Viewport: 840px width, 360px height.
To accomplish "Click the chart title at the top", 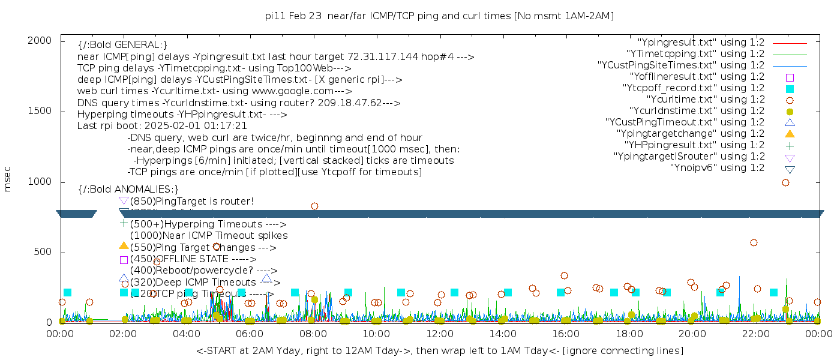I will click(x=439, y=16).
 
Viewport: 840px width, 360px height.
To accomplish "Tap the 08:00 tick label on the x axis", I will click(x=313, y=334).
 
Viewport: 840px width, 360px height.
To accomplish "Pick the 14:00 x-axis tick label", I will click(x=502, y=334).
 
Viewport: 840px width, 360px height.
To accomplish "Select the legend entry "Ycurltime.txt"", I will click(x=705, y=100).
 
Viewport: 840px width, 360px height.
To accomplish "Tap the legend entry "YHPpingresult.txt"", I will click(x=694, y=145).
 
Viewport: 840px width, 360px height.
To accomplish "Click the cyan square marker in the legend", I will click(x=790, y=89).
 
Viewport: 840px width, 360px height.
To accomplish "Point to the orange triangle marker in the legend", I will click(x=790, y=134).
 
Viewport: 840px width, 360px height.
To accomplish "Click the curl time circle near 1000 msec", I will click(x=785, y=182).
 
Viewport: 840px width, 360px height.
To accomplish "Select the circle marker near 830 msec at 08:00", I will click(x=314, y=206).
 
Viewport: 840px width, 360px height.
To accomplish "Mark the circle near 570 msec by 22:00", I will click(x=754, y=242).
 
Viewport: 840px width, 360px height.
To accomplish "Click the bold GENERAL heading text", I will click(x=122, y=45).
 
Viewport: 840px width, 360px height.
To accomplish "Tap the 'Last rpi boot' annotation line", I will click(x=162, y=126).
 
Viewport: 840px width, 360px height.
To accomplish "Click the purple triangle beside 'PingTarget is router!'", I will click(x=124, y=200).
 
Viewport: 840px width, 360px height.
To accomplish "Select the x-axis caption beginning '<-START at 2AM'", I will click(x=439, y=350).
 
